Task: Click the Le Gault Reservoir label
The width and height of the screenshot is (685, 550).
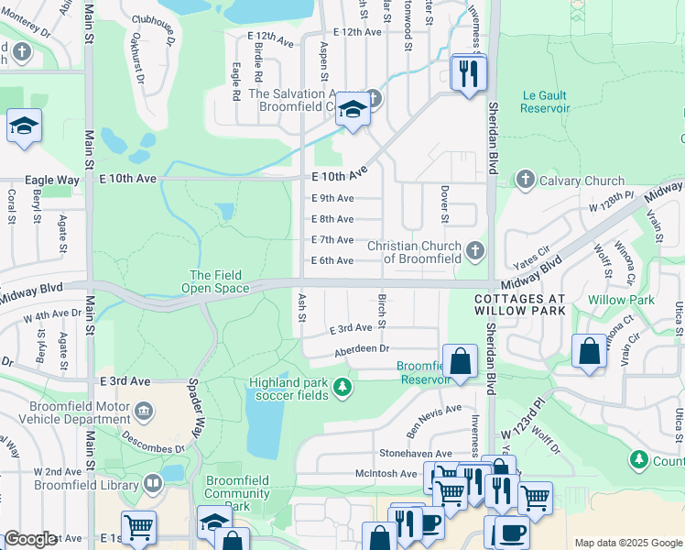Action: click(545, 102)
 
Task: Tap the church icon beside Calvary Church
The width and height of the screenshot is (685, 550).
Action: click(525, 180)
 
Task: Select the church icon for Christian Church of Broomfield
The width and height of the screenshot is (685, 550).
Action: click(474, 250)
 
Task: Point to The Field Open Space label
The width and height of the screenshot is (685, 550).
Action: click(219, 281)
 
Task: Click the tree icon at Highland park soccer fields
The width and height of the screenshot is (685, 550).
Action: click(342, 388)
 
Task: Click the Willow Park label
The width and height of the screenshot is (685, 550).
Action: click(621, 300)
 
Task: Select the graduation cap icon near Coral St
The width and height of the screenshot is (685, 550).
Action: click(24, 127)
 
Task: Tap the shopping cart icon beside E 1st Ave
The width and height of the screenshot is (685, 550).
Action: click(138, 528)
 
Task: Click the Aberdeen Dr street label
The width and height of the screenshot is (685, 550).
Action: click(362, 348)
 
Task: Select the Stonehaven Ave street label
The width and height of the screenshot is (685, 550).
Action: click(416, 454)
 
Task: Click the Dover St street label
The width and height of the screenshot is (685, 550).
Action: click(444, 204)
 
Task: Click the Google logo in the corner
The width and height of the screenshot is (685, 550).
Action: click(30, 540)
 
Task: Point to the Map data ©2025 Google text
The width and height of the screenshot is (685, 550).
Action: click(627, 543)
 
